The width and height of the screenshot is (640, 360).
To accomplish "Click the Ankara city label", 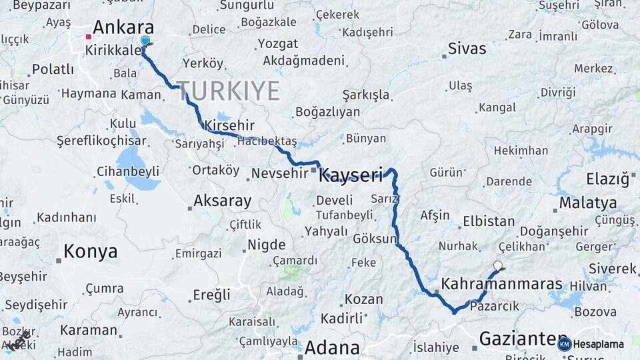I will click(x=123, y=27).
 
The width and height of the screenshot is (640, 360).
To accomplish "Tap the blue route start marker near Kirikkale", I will click(x=145, y=41).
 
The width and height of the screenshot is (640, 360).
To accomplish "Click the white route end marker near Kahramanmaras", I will click(x=497, y=265).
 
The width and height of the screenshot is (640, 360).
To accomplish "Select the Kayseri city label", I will click(x=351, y=175).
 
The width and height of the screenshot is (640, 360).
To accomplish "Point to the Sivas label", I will click(x=467, y=48).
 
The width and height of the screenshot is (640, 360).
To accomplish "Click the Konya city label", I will click(x=91, y=251).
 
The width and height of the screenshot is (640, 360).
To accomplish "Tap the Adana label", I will click(x=332, y=347).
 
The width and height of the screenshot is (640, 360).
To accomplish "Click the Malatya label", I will click(x=588, y=203).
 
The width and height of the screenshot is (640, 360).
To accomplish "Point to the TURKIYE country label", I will click(x=228, y=91).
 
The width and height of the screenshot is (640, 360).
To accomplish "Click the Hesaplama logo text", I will click(x=599, y=344).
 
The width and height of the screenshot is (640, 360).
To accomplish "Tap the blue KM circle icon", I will click(x=565, y=344).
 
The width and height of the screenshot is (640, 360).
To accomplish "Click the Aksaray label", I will click(x=222, y=201).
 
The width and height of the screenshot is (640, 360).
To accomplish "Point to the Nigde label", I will click(x=267, y=245).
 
